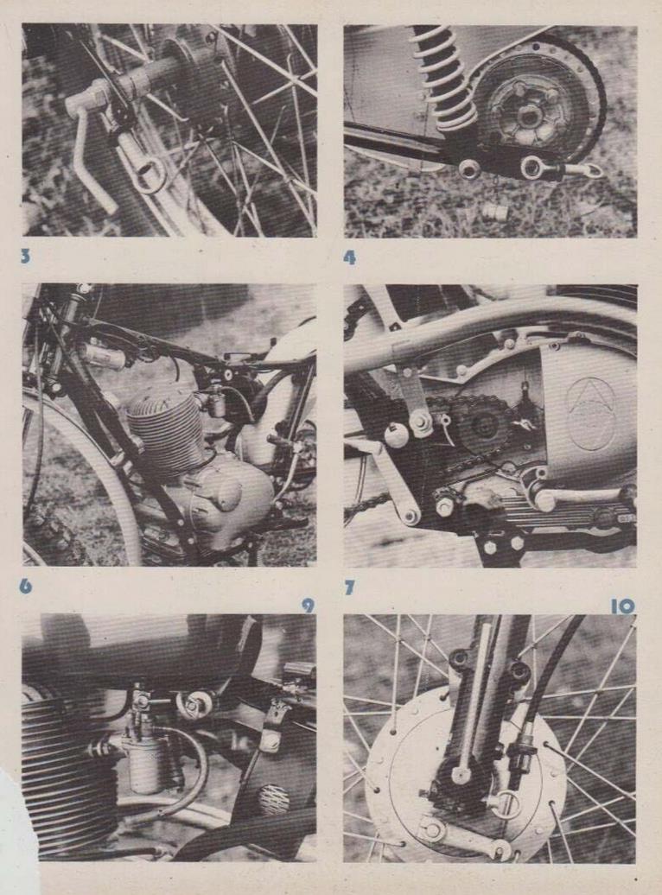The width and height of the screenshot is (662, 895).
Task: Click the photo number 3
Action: [x=25, y=257]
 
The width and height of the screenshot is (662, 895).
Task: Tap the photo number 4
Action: [x=349, y=257]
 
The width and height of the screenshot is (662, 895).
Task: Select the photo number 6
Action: [x=26, y=587]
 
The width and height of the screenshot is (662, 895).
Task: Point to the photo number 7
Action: [x=349, y=588]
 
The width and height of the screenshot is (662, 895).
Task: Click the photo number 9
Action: [x=308, y=606]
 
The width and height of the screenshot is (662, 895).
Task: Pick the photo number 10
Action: [x=622, y=606]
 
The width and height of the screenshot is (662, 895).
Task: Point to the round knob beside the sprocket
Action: [x=397, y=435]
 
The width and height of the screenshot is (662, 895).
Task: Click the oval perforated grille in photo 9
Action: [x=274, y=800]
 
